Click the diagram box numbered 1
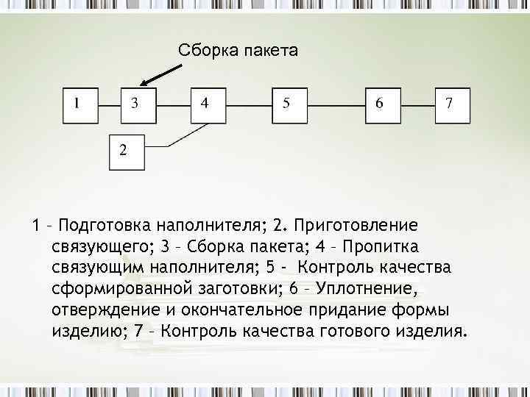click(x=80, y=104)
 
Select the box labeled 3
click(x=138, y=104)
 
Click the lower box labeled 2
click(x=127, y=152)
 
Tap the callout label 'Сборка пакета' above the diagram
click(x=238, y=51)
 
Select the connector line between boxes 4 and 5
click(x=250, y=104)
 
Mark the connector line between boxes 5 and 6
click(x=337, y=104)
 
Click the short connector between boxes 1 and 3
click(x=109, y=104)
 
